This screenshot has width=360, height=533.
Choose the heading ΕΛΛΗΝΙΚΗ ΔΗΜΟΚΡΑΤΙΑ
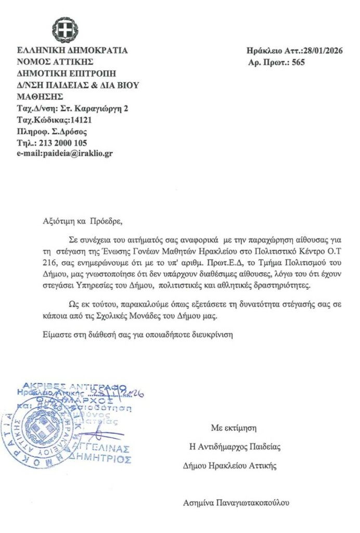point(72,51)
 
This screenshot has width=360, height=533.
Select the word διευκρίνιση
point(212,335)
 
